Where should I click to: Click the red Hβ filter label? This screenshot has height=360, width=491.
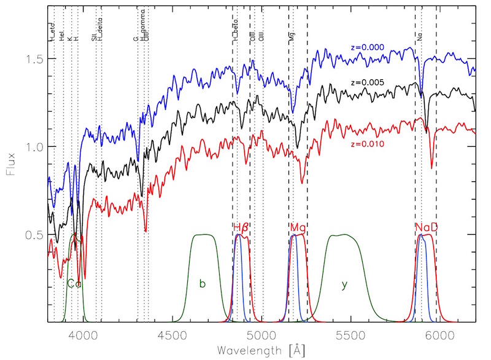pyautogui.click(x=241, y=227)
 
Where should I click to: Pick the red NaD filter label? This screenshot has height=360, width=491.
pyautogui.click(x=426, y=227)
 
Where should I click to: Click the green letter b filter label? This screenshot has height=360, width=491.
pyautogui.click(x=202, y=284)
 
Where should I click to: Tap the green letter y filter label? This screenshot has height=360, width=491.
pyautogui.click(x=344, y=285)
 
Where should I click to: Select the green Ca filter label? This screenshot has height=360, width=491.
pyautogui.click(x=74, y=284)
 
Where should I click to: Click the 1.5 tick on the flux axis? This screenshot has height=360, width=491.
pyautogui.click(x=32, y=58)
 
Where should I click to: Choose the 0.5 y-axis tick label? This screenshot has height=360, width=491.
pyautogui.click(x=32, y=235)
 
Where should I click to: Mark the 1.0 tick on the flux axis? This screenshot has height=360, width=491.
pyautogui.click(x=32, y=147)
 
